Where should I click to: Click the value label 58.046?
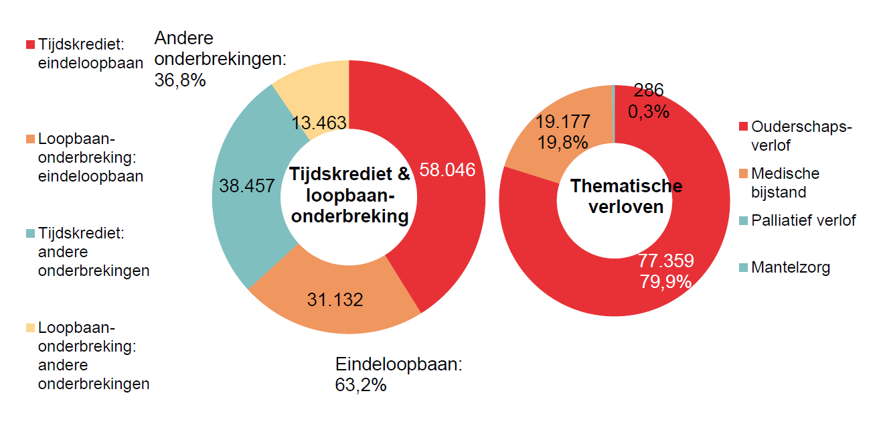(x=447, y=170)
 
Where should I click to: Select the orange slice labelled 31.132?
(x=335, y=299)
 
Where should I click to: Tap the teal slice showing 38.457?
(x=247, y=186)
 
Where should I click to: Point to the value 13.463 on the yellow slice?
(x=319, y=123)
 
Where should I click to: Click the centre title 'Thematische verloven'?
(x=626, y=196)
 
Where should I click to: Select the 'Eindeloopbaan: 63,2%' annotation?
(x=399, y=374)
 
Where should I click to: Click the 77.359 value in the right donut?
(x=665, y=261)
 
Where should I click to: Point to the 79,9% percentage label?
(x=665, y=281)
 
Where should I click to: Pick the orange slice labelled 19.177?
(x=562, y=122)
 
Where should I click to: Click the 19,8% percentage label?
(x=562, y=142)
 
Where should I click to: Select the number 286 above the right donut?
(x=648, y=90)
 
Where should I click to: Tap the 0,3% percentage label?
(x=648, y=111)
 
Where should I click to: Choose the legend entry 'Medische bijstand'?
(x=785, y=183)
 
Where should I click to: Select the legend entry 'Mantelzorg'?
(x=790, y=268)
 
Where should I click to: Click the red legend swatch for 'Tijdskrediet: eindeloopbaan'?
(x=30, y=44)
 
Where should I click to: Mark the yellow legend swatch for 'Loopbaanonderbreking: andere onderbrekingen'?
(x=30, y=328)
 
